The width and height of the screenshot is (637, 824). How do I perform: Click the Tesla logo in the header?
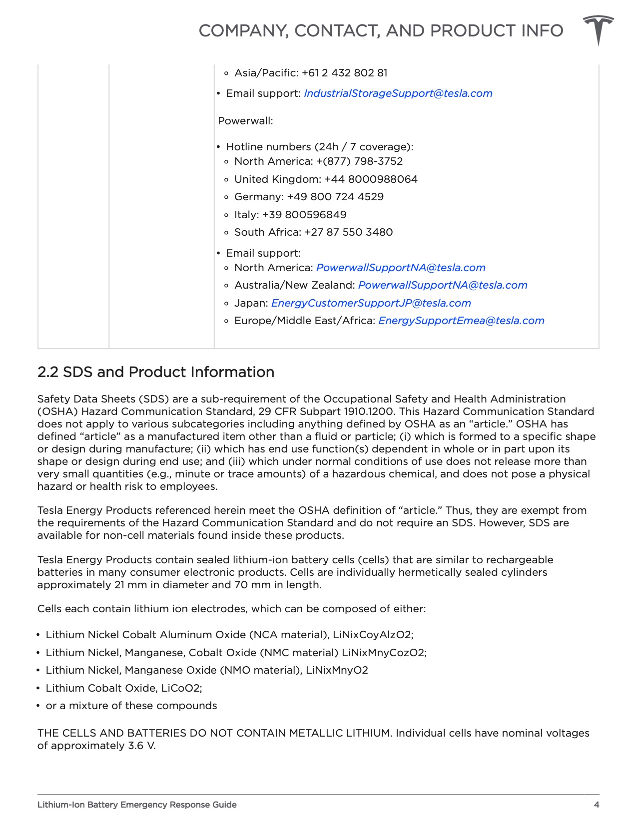(598, 29)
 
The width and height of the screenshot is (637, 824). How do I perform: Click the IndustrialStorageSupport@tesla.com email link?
(398, 93)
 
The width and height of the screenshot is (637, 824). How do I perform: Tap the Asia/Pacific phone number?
(345, 73)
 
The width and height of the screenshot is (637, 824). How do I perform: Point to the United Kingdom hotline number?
(371, 179)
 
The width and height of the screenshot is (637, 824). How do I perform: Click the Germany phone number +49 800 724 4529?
(335, 197)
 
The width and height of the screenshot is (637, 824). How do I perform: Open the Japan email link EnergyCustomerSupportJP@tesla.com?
(371, 303)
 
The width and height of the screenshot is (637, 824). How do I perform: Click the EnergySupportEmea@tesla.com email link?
(461, 321)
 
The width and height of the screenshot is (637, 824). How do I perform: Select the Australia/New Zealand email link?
(443, 285)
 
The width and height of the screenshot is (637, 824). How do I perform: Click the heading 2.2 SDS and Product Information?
(156, 372)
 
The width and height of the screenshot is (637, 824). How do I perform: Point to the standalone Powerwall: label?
(245, 121)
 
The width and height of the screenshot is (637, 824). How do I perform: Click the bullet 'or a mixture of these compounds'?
(131, 706)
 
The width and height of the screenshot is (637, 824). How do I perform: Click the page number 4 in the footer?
(596, 805)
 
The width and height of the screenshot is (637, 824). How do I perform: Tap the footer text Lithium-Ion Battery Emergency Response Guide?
(137, 805)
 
